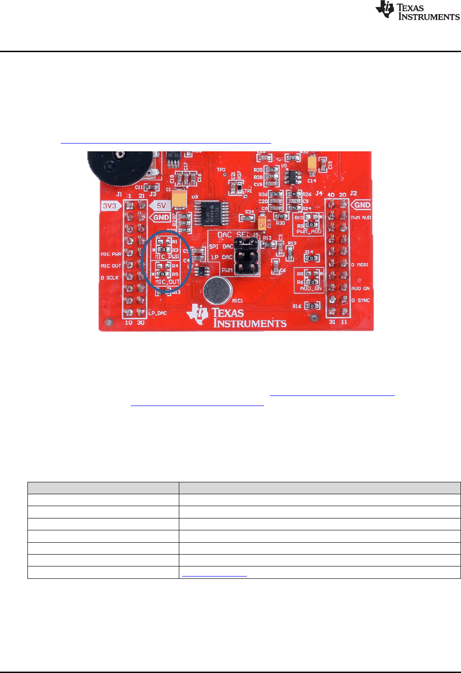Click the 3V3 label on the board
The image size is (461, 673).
click(110, 206)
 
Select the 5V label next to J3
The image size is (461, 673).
click(161, 206)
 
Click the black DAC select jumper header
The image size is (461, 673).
click(247, 256)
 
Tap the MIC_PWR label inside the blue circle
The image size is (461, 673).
click(166, 257)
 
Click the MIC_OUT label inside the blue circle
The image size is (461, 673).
click(167, 282)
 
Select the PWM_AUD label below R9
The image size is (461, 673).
click(309, 232)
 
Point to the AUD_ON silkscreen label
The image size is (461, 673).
click(311, 288)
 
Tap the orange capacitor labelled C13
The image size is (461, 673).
click(262, 224)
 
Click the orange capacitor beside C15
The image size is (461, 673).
click(312, 164)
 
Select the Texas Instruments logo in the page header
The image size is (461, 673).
click(417, 11)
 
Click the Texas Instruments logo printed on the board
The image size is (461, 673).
click(237, 316)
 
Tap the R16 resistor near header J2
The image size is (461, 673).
click(312, 305)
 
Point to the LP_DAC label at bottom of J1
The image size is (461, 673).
click(158, 313)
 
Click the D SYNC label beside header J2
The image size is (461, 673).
click(360, 300)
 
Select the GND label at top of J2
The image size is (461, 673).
click(361, 205)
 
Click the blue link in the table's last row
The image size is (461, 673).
click(214, 573)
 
